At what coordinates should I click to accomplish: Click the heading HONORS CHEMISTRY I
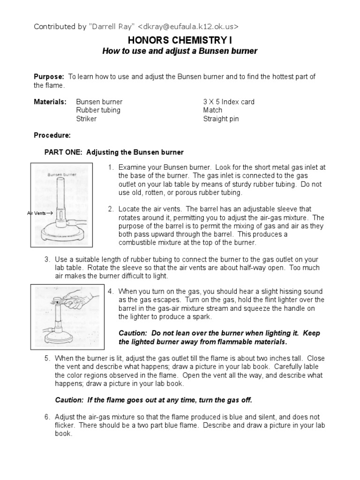click(180, 40)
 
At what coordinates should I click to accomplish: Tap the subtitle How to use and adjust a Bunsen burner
click(180, 51)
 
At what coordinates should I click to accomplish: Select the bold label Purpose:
click(49, 76)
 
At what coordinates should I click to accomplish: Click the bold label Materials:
click(50, 102)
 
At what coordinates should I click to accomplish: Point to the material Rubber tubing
click(98, 110)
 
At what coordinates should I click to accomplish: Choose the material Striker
click(86, 119)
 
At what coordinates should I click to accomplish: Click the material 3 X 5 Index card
click(229, 102)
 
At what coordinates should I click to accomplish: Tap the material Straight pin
click(221, 119)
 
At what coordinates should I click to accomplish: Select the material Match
click(213, 110)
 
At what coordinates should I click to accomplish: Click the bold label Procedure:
click(52, 135)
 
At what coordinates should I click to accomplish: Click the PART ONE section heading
click(114, 152)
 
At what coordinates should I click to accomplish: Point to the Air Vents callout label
click(39, 213)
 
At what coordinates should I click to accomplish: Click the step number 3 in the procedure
click(47, 259)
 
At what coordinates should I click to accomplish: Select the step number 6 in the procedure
click(47, 417)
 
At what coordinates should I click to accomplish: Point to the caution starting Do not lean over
click(219, 337)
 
